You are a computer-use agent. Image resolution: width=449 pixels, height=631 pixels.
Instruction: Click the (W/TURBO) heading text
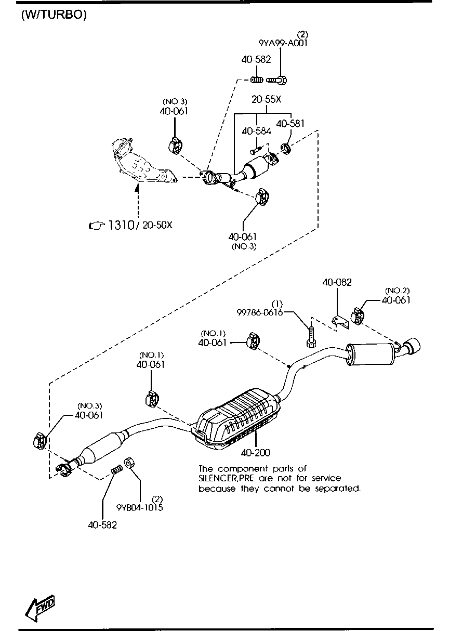point(53,15)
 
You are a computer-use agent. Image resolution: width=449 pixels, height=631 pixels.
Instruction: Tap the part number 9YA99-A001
point(283,43)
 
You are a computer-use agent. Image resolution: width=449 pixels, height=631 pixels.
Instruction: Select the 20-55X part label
point(266,100)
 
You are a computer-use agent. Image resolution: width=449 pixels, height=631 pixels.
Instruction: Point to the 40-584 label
point(256,132)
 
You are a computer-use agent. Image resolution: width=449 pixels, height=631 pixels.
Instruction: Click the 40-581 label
point(290,124)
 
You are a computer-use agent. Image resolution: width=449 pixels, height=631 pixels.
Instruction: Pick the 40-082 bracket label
point(337,283)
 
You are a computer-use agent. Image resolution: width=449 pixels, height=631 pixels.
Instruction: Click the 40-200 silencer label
point(255,453)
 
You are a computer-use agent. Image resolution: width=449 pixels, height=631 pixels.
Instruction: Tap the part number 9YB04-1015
point(139,507)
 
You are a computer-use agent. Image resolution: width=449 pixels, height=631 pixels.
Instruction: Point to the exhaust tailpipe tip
point(413,347)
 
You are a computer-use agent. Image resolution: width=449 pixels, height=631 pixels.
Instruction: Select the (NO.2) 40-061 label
point(397,300)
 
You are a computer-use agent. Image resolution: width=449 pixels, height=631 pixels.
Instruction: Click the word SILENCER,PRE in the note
point(226,478)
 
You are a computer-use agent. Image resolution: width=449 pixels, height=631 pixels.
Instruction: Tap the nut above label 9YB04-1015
point(131,462)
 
